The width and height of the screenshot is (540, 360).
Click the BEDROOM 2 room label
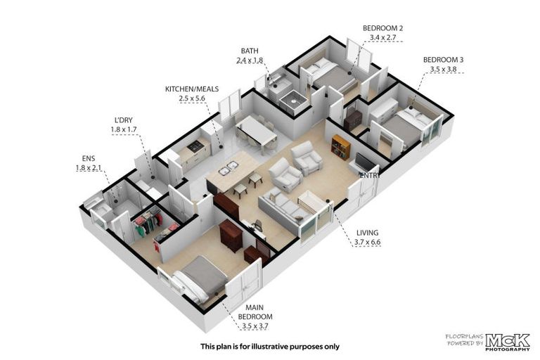click(x=382, y=28)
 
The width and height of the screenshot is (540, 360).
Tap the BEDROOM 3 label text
click(x=442, y=60)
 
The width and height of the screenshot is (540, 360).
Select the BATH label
click(x=250, y=51)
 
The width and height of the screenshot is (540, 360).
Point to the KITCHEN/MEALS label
click(x=192, y=90)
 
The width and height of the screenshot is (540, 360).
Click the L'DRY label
click(x=123, y=120)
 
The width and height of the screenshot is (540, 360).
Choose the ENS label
click(x=88, y=157)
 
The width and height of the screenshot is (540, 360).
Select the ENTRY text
click(x=368, y=176)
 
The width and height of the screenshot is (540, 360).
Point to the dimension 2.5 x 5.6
click(x=192, y=100)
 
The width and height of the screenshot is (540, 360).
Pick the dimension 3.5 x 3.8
click(x=442, y=70)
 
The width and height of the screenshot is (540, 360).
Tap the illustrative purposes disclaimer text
click(x=269, y=346)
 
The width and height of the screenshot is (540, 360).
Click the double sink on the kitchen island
click(x=229, y=170)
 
